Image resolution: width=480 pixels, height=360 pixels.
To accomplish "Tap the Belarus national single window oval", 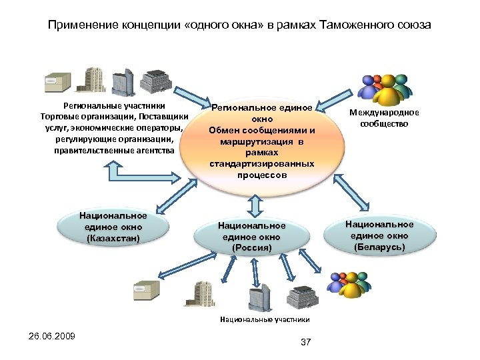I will pyautogui.click(x=379, y=235).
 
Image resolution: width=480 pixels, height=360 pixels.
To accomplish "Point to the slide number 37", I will pyautogui.click(x=307, y=342).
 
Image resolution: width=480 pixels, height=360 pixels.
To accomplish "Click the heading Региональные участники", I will pyautogui.click(x=114, y=105).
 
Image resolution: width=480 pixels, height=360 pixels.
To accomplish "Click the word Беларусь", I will pyautogui.click(x=379, y=247).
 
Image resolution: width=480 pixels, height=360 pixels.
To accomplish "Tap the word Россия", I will pyautogui.click(x=252, y=248).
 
